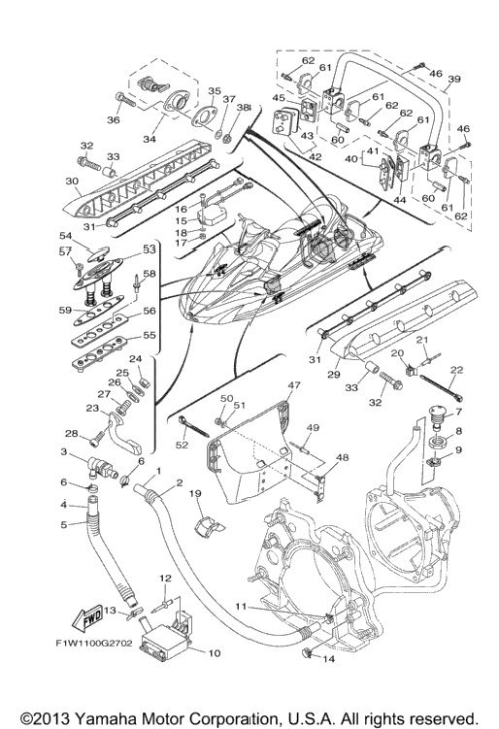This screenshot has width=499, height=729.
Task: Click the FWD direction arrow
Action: (x=87, y=618)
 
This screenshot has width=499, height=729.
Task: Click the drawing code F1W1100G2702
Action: (x=94, y=644)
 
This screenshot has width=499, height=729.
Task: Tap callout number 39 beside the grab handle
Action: (x=453, y=79)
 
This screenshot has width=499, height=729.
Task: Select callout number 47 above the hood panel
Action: (x=294, y=385)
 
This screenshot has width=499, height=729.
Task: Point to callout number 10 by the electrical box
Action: (x=214, y=653)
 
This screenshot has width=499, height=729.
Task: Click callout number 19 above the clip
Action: (x=195, y=493)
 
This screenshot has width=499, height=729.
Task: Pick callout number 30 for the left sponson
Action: (x=72, y=181)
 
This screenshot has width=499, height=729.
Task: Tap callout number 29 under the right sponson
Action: (x=333, y=375)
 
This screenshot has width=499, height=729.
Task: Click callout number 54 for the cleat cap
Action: (x=67, y=236)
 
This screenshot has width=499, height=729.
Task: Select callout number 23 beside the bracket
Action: (x=92, y=408)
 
